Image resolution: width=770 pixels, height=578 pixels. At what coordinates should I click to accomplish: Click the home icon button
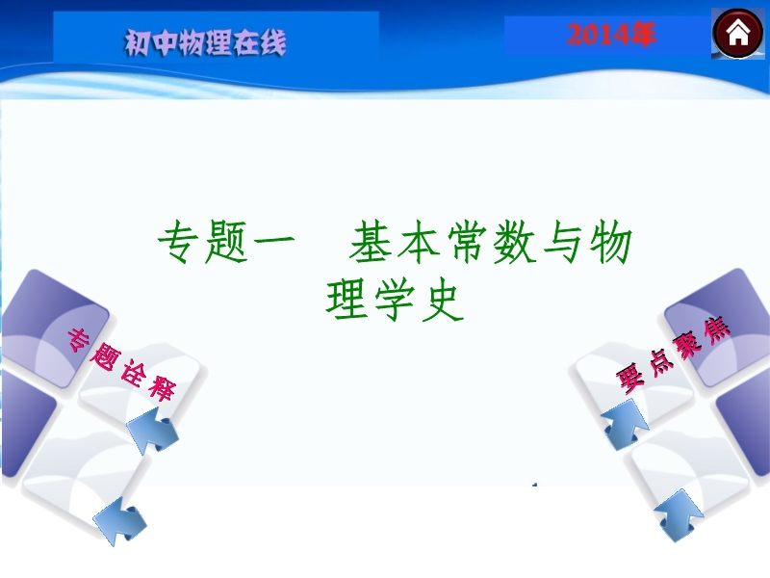[x=737, y=34]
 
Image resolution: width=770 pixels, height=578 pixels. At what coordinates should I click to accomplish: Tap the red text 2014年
[x=611, y=35]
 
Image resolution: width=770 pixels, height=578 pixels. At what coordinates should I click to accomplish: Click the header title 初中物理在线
[x=205, y=42]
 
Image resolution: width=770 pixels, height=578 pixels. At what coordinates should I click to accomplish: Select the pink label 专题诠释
[x=121, y=365]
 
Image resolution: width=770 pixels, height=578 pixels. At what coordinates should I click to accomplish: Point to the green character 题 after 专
[x=225, y=242]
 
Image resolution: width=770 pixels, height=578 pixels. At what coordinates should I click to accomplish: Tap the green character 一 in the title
[x=273, y=240]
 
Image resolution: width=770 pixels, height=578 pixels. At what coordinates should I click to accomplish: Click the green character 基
[x=370, y=242]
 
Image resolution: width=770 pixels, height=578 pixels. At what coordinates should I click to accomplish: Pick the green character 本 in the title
[x=418, y=242]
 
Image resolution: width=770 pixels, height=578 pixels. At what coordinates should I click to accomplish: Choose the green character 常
[x=466, y=242]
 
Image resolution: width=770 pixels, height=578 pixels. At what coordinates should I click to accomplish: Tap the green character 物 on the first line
[x=610, y=242]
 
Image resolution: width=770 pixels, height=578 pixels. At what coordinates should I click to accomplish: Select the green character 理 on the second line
[x=346, y=300]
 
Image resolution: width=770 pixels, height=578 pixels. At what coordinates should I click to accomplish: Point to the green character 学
[x=395, y=300]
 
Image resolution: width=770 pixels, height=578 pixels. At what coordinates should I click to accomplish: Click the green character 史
[x=443, y=300]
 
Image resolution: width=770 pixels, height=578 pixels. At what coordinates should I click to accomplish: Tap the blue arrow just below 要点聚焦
[x=625, y=424]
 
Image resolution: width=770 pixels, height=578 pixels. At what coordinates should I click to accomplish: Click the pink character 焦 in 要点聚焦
[x=716, y=330]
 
